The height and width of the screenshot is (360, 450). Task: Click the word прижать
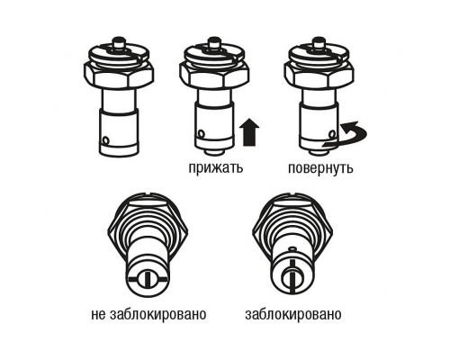216,168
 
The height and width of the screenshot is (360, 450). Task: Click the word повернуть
320,168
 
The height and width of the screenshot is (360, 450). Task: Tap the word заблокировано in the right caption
293,314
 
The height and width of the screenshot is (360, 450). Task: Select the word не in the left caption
99,314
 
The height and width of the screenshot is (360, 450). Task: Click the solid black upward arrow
250,132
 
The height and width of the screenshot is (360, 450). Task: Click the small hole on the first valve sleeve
105,139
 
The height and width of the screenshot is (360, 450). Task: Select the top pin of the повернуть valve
319,42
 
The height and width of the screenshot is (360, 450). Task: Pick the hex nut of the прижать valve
214,74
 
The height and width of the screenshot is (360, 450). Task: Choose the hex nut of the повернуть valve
319,74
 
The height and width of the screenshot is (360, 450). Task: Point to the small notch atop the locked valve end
292,248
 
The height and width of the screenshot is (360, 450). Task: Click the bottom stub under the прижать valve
214,152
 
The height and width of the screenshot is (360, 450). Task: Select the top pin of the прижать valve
214,42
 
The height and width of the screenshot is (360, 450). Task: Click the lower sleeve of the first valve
119,132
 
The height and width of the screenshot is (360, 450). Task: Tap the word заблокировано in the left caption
158,314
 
